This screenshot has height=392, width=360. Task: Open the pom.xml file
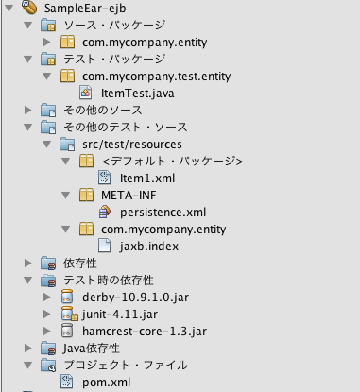click(x=106, y=382)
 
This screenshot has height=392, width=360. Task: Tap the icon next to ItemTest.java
click(x=85, y=93)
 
